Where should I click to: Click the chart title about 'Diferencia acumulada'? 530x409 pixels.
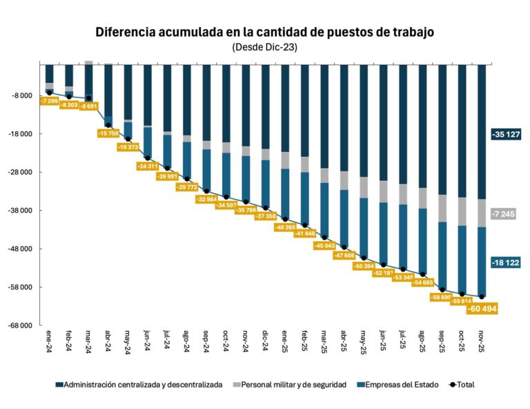(265, 32)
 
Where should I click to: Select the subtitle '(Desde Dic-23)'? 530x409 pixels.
(265, 47)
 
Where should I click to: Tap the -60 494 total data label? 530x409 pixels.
(482, 309)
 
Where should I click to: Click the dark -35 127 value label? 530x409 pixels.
(506, 134)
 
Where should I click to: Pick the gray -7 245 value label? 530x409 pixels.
(506, 214)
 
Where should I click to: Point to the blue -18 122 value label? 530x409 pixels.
(506, 263)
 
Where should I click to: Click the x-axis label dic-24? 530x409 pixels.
(266, 341)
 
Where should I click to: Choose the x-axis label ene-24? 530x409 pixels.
(50, 341)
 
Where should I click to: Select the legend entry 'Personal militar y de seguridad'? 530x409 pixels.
(290, 385)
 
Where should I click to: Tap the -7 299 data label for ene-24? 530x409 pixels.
(49, 101)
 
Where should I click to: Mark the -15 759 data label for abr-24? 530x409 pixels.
(108, 133)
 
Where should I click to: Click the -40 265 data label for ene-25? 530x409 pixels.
(285, 227)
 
